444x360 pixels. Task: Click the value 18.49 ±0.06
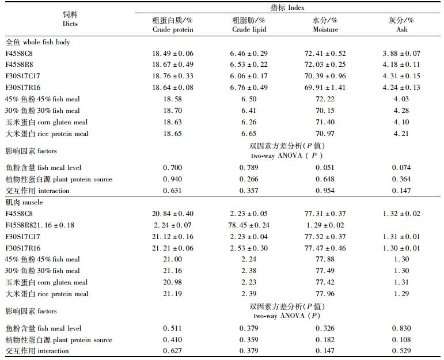tap(172, 53)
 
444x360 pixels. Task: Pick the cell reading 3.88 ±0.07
tap(401, 53)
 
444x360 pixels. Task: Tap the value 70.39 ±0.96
tap(325, 76)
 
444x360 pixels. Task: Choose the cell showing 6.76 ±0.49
tap(249, 88)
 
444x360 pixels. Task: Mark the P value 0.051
tap(325, 168)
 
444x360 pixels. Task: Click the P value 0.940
tap(172, 179)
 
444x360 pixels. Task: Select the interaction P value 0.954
tap(325, 191)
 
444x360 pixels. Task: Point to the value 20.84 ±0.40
tap(172, 213)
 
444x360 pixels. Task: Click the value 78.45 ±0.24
tap(249, 225)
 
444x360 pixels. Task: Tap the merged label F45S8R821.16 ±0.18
tap(40, 225)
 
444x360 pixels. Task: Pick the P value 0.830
tap(401, 328)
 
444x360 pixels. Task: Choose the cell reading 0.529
tap(401, 351)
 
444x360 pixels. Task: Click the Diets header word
tap(70, 24)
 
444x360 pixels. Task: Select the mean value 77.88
tap(325, 259)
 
